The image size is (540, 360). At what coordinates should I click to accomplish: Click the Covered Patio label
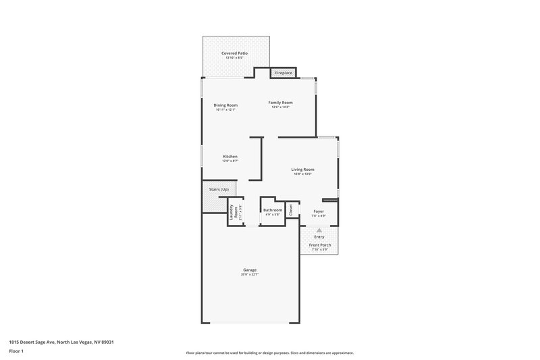click(234, 53)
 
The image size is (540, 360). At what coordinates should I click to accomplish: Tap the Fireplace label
click(283, 73)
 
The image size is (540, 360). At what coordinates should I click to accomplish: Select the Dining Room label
click(225, 105)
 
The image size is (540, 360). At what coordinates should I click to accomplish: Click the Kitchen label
click(230, 156)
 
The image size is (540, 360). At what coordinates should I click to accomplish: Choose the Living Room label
click(302, 169)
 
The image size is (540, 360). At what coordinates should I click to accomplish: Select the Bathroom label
click(273, 209)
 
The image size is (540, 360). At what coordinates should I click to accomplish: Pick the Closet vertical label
click(292, 210)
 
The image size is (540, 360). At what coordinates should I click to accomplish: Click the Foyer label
click(319, 211)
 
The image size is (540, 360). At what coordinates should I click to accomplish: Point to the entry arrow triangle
click(319, 230)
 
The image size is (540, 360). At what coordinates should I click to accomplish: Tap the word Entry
click(319, 236)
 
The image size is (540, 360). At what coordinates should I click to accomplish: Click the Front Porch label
click(319, 245)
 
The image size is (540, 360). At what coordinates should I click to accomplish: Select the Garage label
click(249, 269)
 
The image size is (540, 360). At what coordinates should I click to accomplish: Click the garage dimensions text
click(249, 274)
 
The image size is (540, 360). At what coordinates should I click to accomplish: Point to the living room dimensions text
click(302, 174)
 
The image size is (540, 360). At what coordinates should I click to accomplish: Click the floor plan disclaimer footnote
click(269, 353)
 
